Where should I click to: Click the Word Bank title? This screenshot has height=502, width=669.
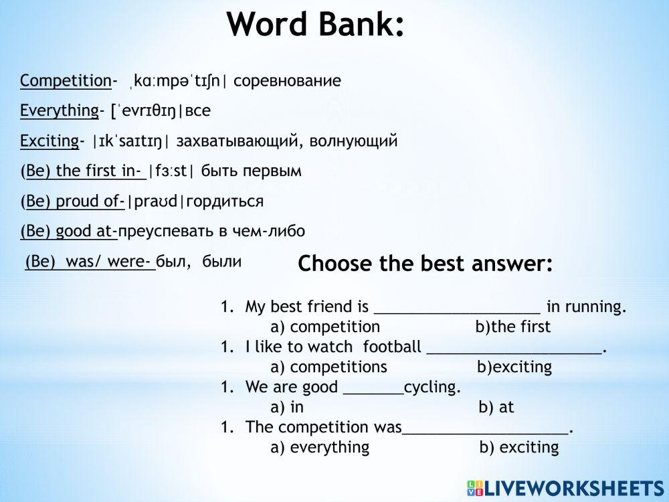[x=315, y=24]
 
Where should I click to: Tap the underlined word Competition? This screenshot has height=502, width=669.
[x=66, y=81]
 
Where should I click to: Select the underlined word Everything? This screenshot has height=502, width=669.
[x=60, y=110]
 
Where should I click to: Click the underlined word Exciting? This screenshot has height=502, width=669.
[x=50, y=141]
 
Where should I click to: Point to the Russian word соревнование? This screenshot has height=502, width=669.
[x=287, y=81]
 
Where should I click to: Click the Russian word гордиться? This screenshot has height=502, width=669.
[x=225, y=201]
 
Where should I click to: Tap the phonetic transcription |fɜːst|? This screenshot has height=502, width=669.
[x=171, y=171]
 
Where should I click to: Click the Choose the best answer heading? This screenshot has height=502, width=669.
[x=425, y=263]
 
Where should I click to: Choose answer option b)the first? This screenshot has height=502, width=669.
[x=513, y=327]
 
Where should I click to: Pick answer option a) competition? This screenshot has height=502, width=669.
[x=325, y=327]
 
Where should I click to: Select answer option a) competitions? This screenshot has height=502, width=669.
[x=328, y=367]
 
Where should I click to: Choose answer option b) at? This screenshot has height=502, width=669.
[x=496, y=407]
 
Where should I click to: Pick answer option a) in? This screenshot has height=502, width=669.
[x=287, y=407]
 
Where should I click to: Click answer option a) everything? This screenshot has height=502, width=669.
[x=320, y=447]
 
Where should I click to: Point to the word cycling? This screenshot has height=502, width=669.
[x=432, y=387]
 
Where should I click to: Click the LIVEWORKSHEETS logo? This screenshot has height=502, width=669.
[x=566, y=489]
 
